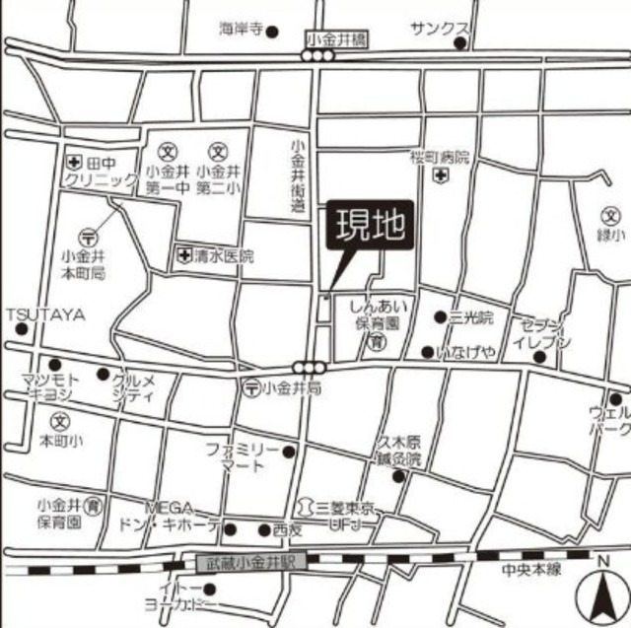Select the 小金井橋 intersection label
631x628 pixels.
tap(335, 38)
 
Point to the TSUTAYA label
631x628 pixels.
tap(45, 315)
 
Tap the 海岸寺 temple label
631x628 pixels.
tap(243, 31)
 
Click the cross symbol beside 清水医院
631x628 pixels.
tap(183, 256)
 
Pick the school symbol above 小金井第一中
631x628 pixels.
tap(168, 153)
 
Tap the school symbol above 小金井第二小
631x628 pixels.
tap(218, 153)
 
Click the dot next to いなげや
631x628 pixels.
tap(427, 352)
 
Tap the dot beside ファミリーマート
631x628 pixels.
tap(288, 453)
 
